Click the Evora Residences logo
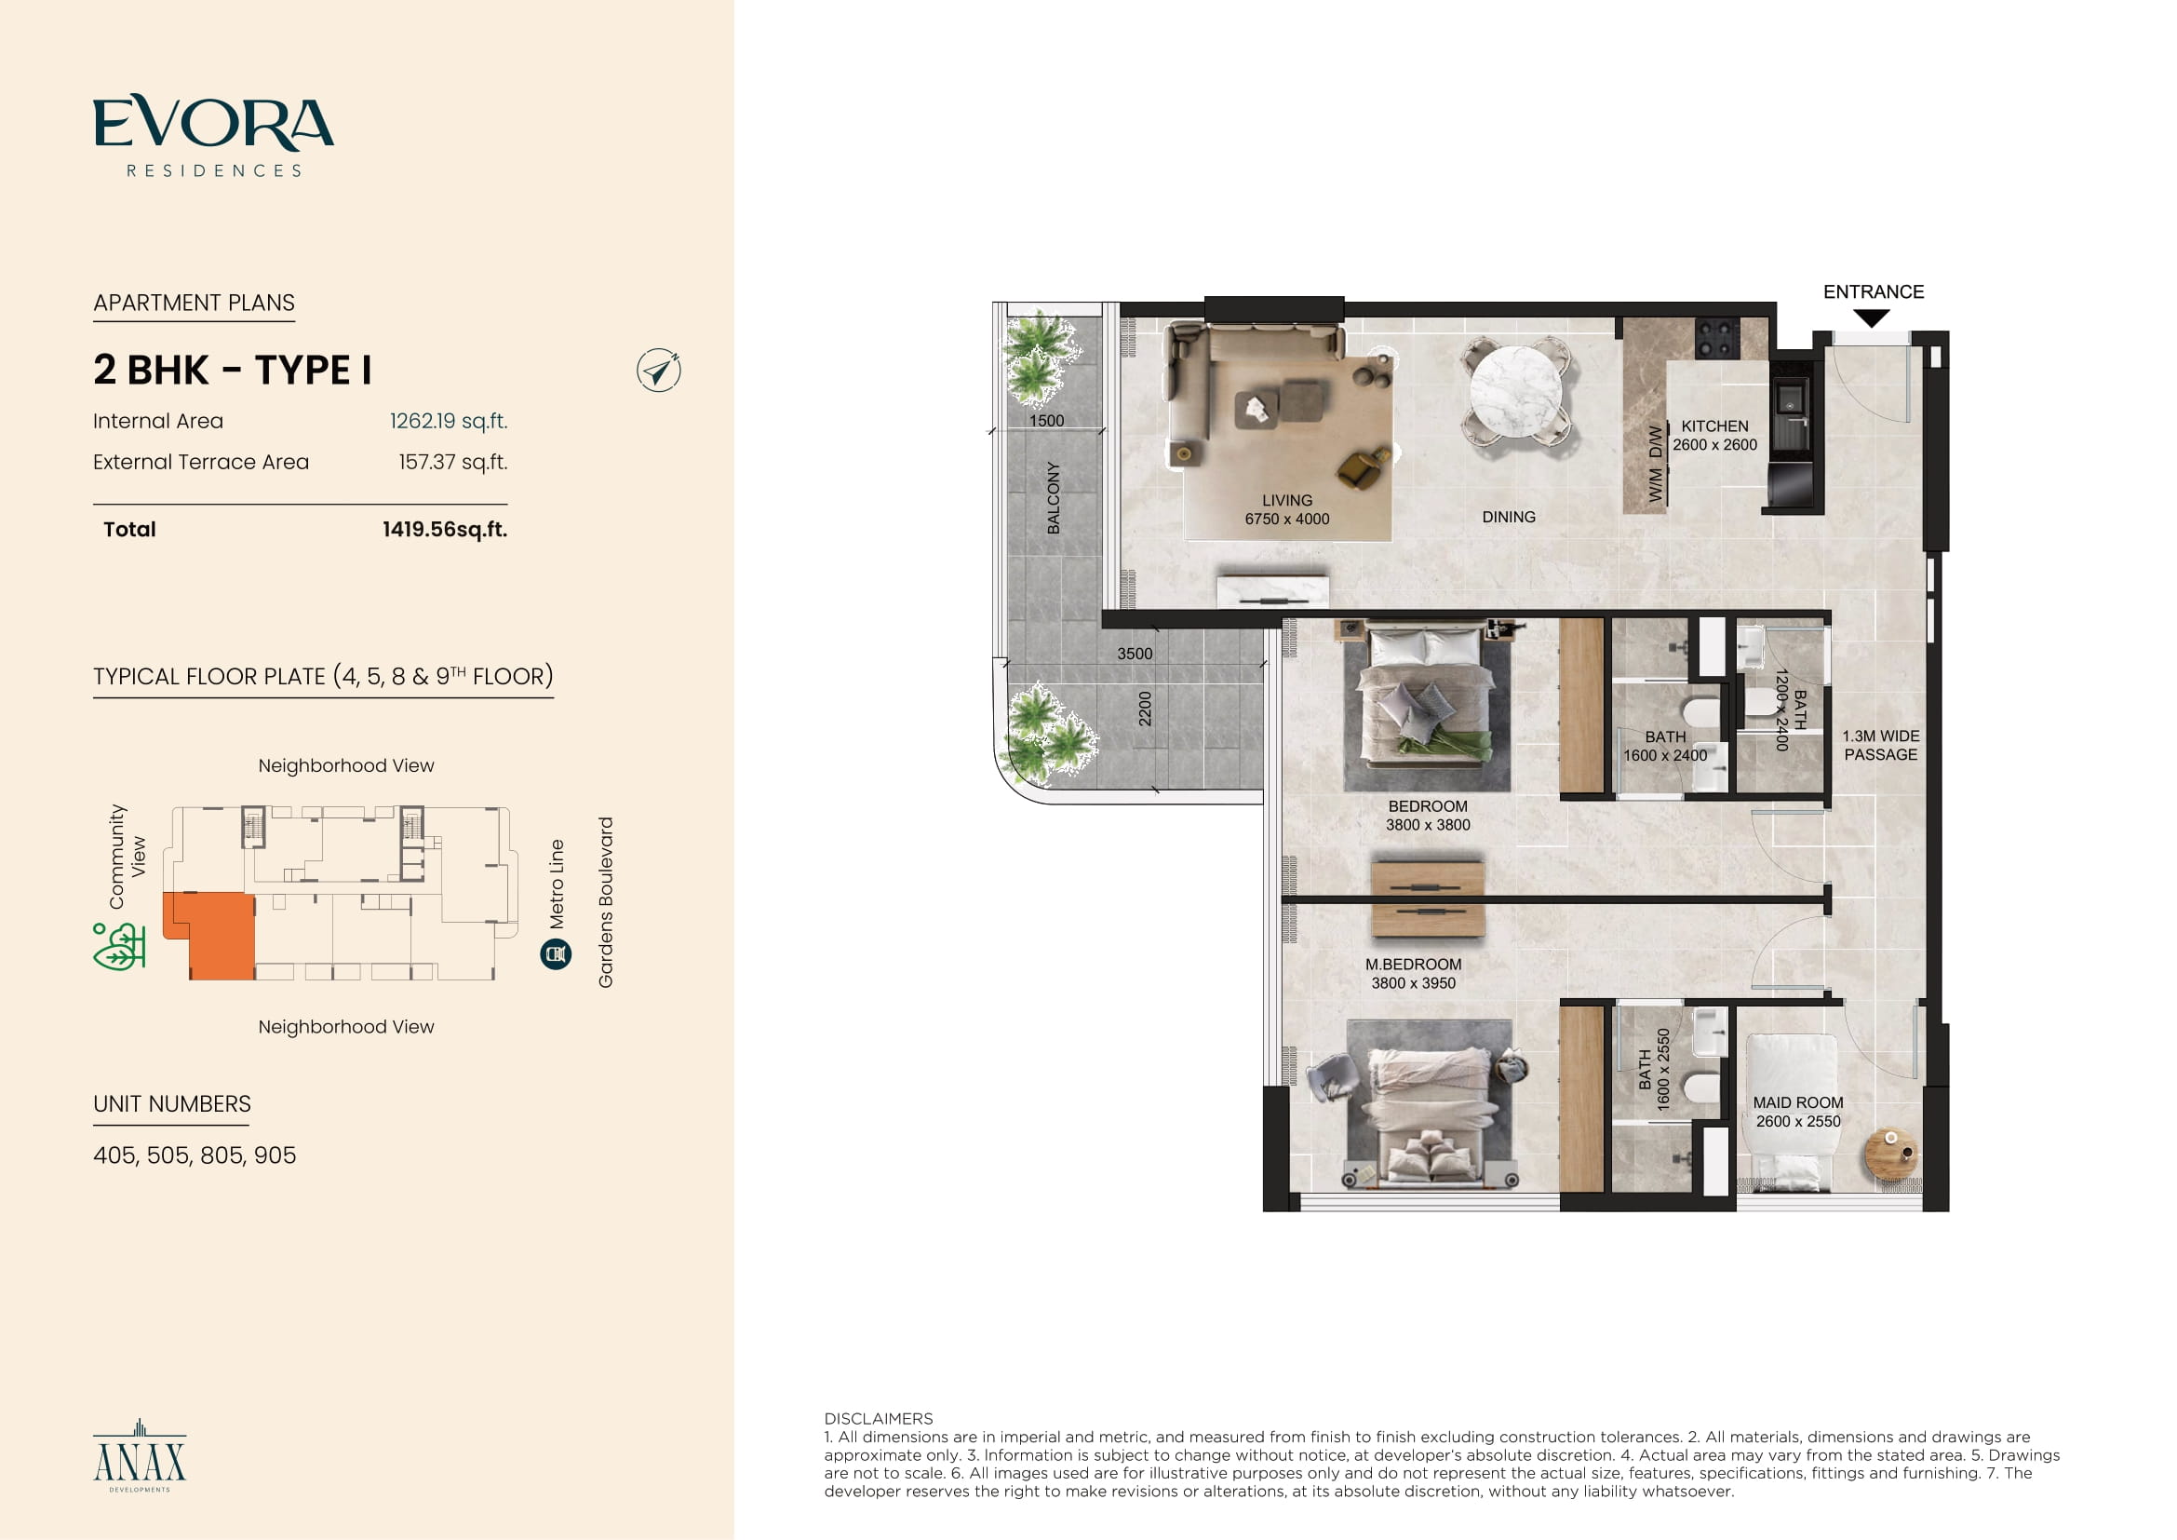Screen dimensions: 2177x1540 [x=213, y=136]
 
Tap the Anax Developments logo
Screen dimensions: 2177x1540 [x=140, y=1455]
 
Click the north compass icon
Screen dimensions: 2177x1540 [x=659, y=371]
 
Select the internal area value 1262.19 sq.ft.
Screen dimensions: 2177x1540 [x=449, y=421]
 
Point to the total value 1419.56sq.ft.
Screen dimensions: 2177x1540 [x=445, y=529]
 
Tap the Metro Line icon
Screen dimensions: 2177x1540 [x=556, y=954]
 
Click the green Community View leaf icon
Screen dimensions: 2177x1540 [x=118, y=946]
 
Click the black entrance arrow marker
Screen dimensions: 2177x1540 [x=1872, y=318]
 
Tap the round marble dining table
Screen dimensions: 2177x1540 [x=1515, y=391]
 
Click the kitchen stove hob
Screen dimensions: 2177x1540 [x=1717, y=338]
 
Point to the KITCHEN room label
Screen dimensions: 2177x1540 [x=1714, y=426]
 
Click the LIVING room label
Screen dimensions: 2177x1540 [x=1286, y=501]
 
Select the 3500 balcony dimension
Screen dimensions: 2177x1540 [x=1134, y=655]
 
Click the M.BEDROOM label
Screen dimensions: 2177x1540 [x=1413, y=965]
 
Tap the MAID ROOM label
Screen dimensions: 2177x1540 [x=1798, y=1102]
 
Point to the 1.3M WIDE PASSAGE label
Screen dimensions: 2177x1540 [x=1880, y=746]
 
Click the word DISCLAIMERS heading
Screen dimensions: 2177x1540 [x=878, y=1419]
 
